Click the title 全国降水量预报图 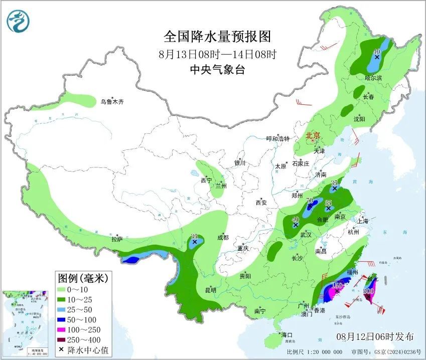coord(217,37)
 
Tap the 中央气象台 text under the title coord(217,70)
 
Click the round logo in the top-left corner coord(19,22)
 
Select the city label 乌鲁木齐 coord(111,102)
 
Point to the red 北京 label coord(314,135)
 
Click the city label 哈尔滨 coord(373,78)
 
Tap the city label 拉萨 coord(116,239)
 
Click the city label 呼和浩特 coord(277,139)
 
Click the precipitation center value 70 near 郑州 coord(310,201)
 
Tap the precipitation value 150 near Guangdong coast coord(337,286)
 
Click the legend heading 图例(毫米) coord(83,277)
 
